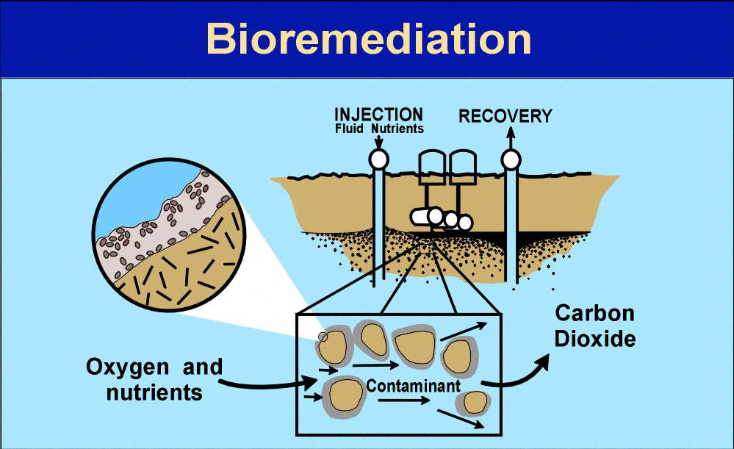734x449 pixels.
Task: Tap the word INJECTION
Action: [378, 115]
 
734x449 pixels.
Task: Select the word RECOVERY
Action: [505, 116]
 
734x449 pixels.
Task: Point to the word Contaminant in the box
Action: [413, 385]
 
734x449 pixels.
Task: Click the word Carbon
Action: [594, 313]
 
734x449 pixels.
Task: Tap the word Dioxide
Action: [594, 340]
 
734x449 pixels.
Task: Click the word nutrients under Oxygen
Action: [154, 392]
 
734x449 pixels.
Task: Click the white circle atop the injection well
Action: [378, 158]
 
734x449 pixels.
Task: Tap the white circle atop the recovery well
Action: [510, 158]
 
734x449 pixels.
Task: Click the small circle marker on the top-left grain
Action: [323, 337]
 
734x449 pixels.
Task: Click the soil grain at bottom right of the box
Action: [472, 402]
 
